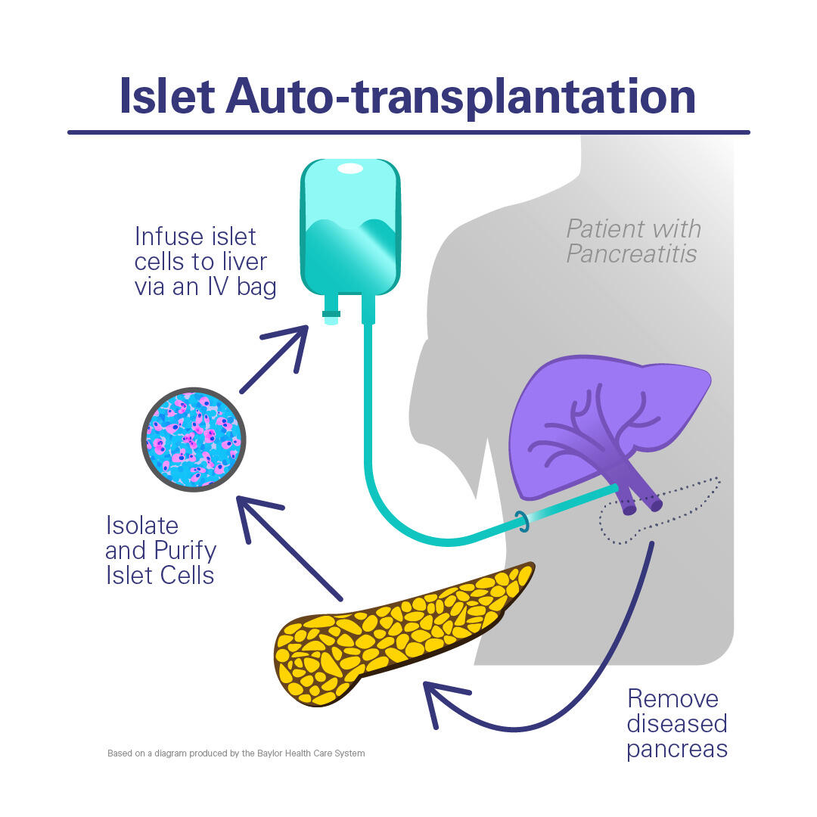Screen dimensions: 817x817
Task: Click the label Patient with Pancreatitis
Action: pos(634,241)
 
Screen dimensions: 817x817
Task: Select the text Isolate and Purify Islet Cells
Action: pos(161,550)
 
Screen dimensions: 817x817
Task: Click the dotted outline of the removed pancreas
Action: pos(681,503)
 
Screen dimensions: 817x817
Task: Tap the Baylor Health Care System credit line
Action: pos(236,753)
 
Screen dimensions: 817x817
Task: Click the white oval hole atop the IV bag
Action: pos(350,169)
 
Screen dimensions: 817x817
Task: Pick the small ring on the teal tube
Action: pos(520,520)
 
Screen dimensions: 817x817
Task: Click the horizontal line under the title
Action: pos(408,132)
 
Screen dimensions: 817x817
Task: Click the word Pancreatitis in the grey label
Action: pos(631,254)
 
